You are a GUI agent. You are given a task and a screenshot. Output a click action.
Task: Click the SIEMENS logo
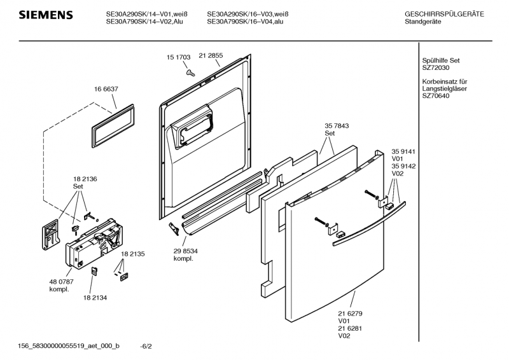click(x=46, y=15)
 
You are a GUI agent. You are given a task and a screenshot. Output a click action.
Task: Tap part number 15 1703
click(x=179, y=57)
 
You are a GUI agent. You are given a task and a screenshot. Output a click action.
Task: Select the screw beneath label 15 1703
click(x=190, y=73)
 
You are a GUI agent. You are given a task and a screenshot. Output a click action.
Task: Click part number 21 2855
click(x=211, y=55)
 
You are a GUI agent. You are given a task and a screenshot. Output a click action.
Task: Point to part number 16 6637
click(x=106, y=89)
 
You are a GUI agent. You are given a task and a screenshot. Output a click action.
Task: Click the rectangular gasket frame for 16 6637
click(x=113, y=126)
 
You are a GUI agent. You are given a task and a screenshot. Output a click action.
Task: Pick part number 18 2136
click(x=85, y=179)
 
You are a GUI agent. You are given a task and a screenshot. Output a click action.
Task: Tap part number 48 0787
click(x=61, y=282)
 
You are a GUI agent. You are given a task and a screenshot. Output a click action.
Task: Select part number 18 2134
click(x=95, y=298)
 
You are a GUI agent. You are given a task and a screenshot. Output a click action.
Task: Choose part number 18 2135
click(x=133, y=254)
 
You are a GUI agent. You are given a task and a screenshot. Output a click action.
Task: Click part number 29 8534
click(x=185, y=251)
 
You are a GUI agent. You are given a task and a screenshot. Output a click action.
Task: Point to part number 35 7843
click(x=337, y=126)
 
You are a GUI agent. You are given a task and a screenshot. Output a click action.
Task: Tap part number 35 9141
click(x=403, y=151)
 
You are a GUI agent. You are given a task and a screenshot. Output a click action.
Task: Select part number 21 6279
click(x=350, y=314)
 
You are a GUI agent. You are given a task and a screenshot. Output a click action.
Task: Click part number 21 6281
click(x=350, y=328)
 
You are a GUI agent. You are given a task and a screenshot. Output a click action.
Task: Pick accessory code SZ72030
click(x=436, y=68)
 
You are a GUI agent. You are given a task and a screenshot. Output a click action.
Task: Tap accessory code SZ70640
click(x=436, y=96)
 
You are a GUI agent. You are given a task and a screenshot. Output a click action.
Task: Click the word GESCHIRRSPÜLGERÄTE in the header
click(x=444, y=14)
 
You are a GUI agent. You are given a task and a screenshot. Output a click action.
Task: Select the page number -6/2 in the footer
click(x=146, y=347)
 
